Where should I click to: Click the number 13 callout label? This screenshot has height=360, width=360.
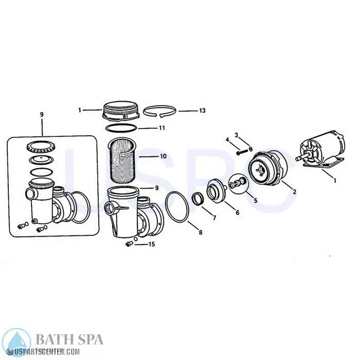[202, 111]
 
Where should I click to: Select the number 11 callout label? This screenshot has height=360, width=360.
[161, 128]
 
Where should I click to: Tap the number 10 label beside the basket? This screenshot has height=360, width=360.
[163, 156]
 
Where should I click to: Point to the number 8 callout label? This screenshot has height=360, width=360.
[200, 233]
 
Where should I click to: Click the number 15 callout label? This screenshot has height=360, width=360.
[151, 244]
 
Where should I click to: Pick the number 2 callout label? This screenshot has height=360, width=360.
[294, 192]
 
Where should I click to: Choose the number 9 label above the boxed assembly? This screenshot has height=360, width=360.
[42, 115]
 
